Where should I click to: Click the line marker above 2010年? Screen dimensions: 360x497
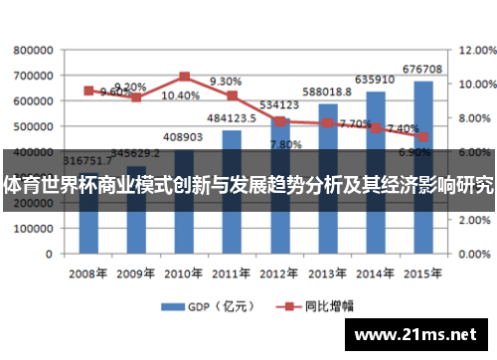tap(185, 76)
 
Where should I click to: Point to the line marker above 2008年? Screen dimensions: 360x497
tap(88, 90)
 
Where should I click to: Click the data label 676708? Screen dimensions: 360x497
tap(422, 69)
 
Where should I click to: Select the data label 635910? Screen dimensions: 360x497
tap(374, 79)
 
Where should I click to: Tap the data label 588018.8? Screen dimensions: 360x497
tap(327, 91)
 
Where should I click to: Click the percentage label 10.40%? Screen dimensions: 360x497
tap(180, 95)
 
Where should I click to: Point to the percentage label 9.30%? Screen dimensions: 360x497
tap(226, 82)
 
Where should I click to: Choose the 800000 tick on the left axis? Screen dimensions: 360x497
tap(34, 49)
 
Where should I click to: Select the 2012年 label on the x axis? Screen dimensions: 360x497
tap(279, 271)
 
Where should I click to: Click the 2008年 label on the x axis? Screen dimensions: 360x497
tap(87, 271)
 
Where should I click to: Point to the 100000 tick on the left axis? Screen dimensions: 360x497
tap(34, 228)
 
